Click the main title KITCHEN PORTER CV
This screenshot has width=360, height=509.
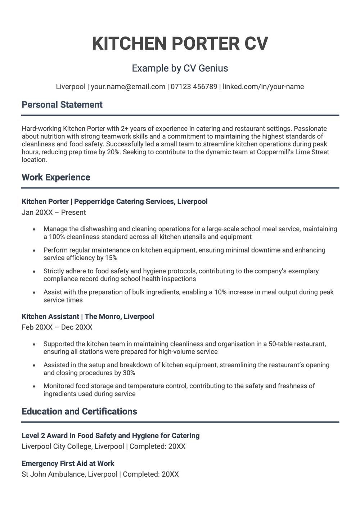pyautogui.click(x=180, y=44)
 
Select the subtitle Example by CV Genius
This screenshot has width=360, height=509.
pyautogui.click(x=180, y=68)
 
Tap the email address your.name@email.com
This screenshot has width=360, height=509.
pyautogui.click(x=128, y=87)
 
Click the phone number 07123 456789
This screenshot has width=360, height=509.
pyautogui.click(x=194, y=87)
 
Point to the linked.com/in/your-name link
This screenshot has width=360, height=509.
pyautogui.click(x=263, y=87)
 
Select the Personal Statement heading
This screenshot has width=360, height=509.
pyautogui.click(x=62, y=105)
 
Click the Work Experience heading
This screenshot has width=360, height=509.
pyautogui.click(x=56, y=177)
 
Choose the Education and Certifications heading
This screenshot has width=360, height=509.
pyautogui.click(x=79, y=412)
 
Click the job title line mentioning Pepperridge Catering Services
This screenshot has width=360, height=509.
pyautogui.click(x=114, y=201)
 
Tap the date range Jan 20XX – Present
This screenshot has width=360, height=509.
pyautogui.click(x=54, y=213)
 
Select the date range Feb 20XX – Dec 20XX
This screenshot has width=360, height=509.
pyautogui.click(x=57, y=327)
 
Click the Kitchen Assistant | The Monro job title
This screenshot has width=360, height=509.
pyautogui.click(x=87, y=317)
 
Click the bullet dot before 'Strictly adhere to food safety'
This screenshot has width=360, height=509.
pyautogui.click(x=34, y=272)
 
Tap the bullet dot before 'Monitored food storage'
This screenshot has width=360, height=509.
pyautogui.click(x=34, y=386)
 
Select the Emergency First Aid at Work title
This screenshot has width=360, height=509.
pyautogui.click(x=68, y=463)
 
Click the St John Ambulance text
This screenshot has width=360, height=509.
pyautogui.click(x=54, y=474)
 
